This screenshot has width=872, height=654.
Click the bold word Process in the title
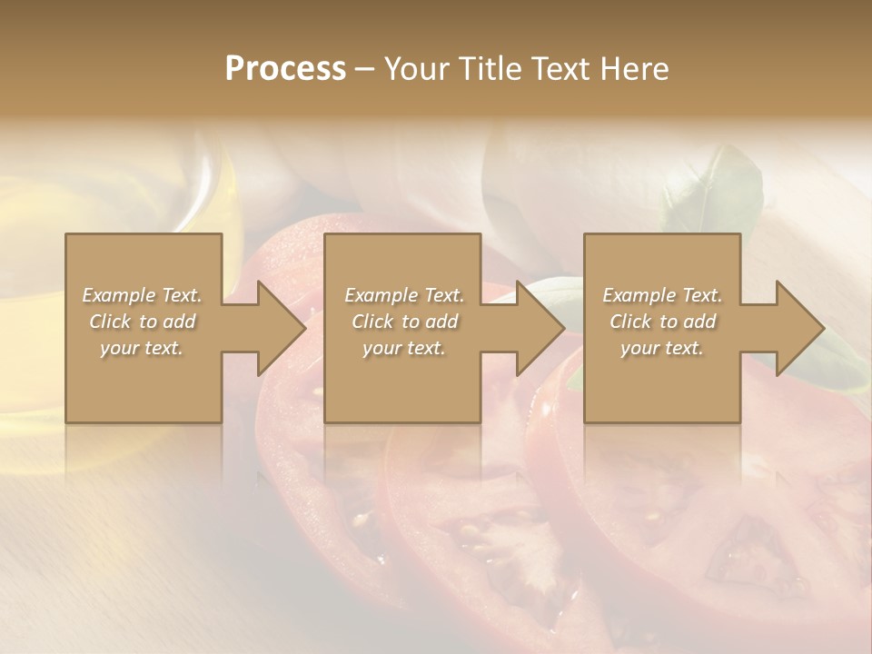(285, 69)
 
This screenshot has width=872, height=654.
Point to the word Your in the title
(416, 69)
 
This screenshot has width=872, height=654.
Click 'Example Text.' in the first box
(143, 295)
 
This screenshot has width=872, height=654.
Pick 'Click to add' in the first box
(143, 322)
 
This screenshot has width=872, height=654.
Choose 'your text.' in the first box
(143, 348)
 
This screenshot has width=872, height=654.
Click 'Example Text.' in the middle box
(404, 295)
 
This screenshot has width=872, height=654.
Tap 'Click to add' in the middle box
(404, 322)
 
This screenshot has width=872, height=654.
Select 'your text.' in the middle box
(404, 348)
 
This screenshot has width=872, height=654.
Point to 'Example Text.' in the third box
(662, 295)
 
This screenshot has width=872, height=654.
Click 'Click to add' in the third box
(662, 322)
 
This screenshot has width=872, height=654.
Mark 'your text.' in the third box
(662, 348)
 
